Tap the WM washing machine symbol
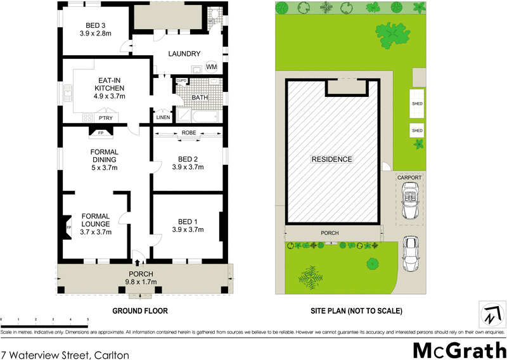click(211, 67)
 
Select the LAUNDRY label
click(185, 54)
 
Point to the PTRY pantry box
click(106, 118)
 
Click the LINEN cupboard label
click(162, 117)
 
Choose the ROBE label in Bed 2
click(188, 132)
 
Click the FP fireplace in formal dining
click(100, 133)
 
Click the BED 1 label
click(188, 222)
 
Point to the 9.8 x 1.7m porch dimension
click(140, 282)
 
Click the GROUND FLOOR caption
click(139, 311)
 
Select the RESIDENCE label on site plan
click(331, 159)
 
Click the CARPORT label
click(409, 178)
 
